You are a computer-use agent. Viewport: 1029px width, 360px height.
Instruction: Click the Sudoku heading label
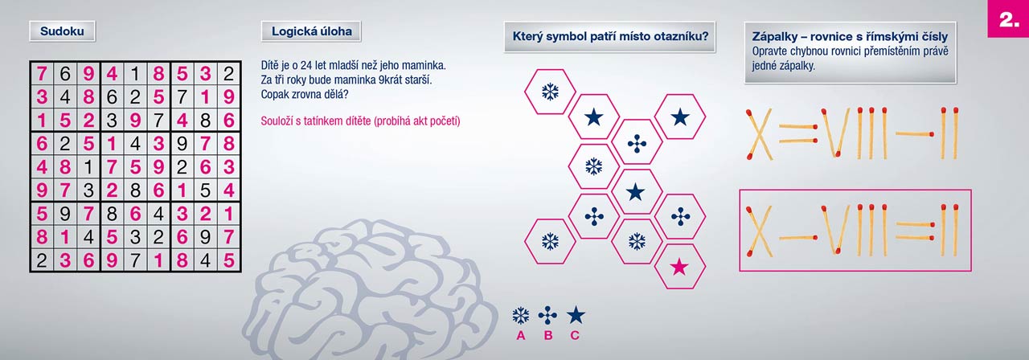pos(62,31)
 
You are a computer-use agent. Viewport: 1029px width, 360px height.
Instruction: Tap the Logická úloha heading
pos(311,31)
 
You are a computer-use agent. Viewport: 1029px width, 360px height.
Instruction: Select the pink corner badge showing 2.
pos(1008,18)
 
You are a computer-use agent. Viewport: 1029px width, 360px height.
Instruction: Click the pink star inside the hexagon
pos(679,267)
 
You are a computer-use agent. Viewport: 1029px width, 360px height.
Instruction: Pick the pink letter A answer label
pos(520,336)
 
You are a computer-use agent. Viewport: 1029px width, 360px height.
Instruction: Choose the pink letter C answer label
pos(575,336)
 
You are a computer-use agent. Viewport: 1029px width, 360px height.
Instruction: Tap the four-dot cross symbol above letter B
pos(547,316)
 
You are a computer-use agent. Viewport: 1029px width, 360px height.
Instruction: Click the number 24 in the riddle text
pos(306,66)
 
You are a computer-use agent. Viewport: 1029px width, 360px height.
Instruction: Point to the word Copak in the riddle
pos(274,95)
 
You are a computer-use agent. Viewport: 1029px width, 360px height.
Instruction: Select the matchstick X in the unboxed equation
pos(758,134)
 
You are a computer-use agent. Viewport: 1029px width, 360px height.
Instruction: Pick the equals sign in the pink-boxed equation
pos(915,231)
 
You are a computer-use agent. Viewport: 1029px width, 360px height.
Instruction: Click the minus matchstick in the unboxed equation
pos(915,134)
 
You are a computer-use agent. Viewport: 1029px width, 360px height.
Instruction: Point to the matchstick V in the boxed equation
pos(836,230)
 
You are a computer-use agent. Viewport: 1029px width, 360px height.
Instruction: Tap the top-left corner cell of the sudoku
pos(42,73)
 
